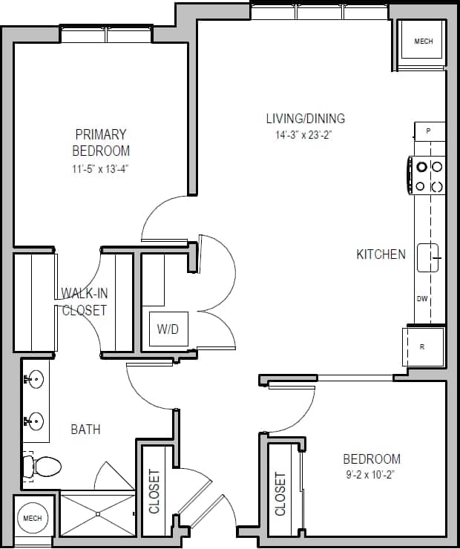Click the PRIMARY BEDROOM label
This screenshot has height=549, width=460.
(x=101, y=142)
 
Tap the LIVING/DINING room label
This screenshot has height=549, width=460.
(x=306, y=118)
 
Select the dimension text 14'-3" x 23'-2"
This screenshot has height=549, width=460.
(x=306, y=135)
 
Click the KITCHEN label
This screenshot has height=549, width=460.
(x=381, y=254)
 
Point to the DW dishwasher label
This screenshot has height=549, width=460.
(x=422, y=299)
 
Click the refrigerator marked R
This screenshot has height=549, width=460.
(x=423, y=346)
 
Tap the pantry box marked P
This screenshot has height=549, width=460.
(x=429, y=131)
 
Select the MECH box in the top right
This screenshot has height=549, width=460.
(x=423, y=42)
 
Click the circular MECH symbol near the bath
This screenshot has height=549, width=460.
(x=32, y=518)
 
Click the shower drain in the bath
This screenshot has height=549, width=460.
(x=97, y=513)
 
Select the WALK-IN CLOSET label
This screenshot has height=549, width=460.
(x=84, y=301)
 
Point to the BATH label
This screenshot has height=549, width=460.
(x=85, y=430)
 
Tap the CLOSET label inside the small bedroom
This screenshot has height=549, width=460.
(x=280, y=494)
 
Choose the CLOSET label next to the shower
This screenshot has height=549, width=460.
(x=154, y=491)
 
